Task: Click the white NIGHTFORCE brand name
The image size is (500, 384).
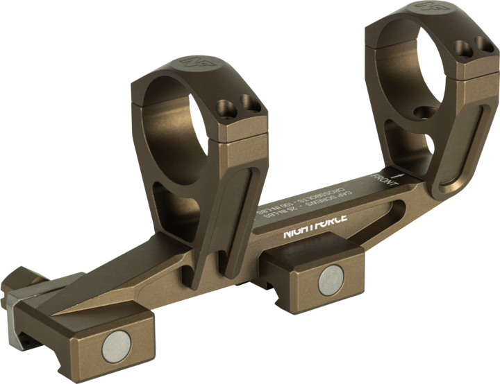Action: (315, 227)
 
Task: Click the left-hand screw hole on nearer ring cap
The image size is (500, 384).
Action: (225, 108)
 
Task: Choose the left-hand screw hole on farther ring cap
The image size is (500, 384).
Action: (459, 48)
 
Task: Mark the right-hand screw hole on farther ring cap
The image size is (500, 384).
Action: (481, 46)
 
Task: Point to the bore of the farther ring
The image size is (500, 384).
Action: (406, 69)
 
